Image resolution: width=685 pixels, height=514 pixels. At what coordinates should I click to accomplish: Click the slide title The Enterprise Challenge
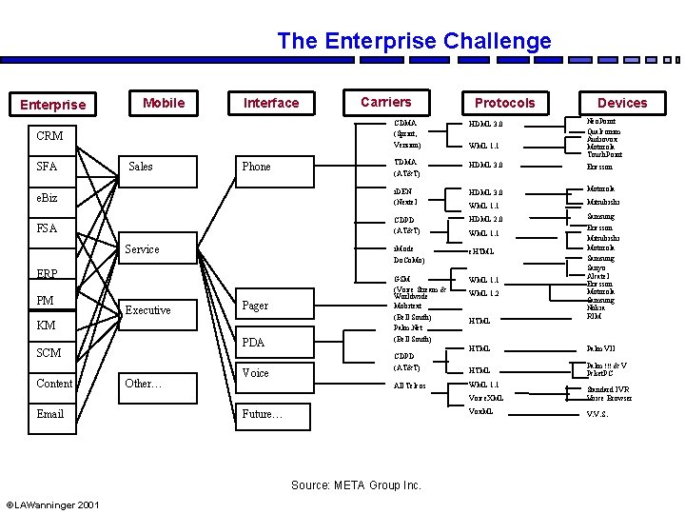[x=414, y=41]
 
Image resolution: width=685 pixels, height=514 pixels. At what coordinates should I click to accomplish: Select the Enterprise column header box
[x=53, y=104]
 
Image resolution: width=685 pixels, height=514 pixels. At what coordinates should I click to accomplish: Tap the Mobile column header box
[x=164, y=102]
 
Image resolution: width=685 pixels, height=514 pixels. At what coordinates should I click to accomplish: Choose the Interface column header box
[x=271, y=103]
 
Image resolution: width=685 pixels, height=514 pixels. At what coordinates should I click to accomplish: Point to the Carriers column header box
[x=386, y=102]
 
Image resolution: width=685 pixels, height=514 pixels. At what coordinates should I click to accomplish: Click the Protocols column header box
[x=504, y=103]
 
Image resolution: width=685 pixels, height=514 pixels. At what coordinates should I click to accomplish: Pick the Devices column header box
[x=622, y=103]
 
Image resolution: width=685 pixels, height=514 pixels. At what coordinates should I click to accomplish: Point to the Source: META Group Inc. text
[x=356, y=485]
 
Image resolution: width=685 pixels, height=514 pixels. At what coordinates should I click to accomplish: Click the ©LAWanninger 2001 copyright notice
[x=53, y=504]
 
